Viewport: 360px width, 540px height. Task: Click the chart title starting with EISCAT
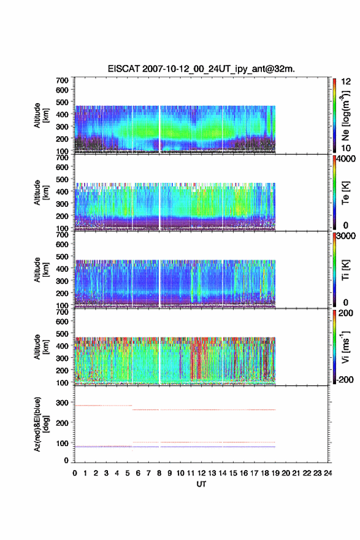201,69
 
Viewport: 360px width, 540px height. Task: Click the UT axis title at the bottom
201,484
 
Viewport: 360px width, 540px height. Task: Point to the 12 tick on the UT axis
201,473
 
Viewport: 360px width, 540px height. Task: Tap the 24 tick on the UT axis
328,473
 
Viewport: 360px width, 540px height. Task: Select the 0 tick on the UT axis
75,473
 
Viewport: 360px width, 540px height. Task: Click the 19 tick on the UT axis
275,473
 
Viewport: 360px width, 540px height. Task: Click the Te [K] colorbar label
346,193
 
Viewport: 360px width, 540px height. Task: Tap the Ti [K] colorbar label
346,270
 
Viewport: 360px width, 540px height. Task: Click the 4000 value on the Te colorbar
346,159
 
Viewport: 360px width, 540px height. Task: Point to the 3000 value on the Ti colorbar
346,236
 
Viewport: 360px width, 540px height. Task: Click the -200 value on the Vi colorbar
343,379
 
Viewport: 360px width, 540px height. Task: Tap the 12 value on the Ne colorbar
346,81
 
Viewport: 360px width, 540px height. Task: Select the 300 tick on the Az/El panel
63,403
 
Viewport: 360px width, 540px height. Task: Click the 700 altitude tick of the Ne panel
63,80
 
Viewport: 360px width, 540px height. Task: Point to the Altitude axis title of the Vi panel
41,347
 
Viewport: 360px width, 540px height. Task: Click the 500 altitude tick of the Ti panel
63,256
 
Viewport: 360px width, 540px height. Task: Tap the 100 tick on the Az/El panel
63,443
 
